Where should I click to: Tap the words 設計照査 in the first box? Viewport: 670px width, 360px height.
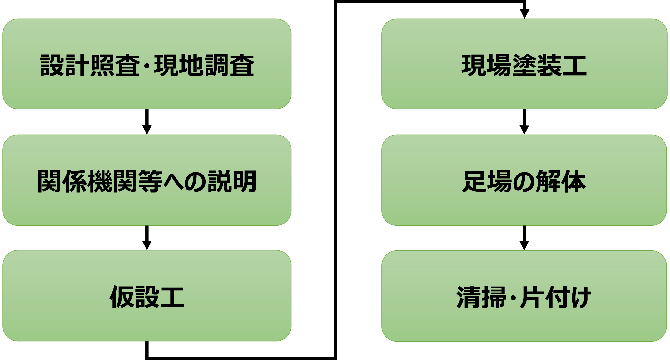(90, 66)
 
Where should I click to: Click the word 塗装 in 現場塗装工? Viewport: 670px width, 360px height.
(537, 66)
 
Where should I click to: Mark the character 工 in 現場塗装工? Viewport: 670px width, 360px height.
(574, 66)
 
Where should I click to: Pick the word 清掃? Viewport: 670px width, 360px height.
(481, 297)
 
